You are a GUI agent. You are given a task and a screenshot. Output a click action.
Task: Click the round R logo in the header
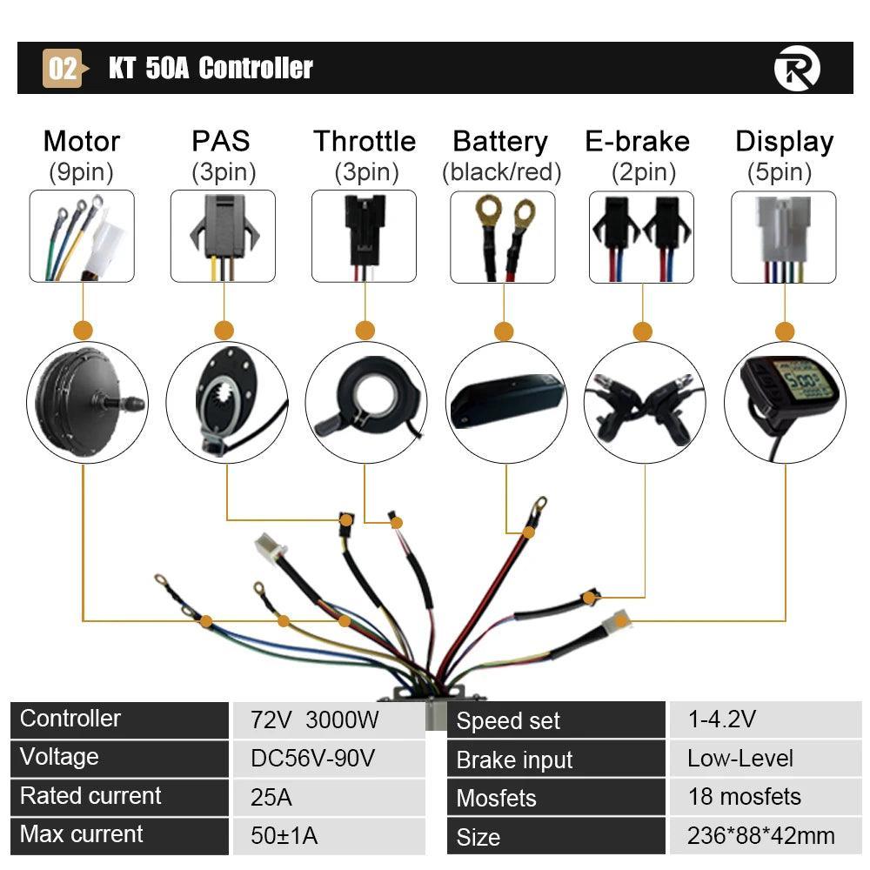pos(796,69)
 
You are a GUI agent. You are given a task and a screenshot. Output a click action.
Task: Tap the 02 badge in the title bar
pos(63,69)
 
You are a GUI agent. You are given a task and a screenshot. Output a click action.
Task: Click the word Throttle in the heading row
pos(365,141)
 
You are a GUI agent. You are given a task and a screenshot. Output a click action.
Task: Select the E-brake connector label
pos(638,141)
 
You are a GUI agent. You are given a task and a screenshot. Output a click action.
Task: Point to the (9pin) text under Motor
pos(81,172)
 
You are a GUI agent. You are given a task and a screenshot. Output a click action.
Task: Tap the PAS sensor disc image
pos(225,402)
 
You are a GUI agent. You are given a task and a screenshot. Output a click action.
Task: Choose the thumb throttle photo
pos(365,402)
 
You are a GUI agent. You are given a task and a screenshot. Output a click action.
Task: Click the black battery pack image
pos(505,402)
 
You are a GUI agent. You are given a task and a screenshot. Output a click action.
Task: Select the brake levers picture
pos(645,402)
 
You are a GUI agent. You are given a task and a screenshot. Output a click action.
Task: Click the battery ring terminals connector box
pos(503,237)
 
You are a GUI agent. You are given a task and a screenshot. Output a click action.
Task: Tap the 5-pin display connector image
pos(784,237)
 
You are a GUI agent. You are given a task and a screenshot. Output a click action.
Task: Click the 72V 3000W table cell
pos(327,719)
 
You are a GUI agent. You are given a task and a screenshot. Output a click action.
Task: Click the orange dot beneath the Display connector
pos(785,331)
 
